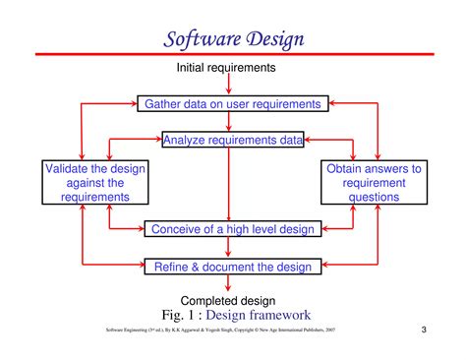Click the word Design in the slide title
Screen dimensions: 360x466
(269, 39)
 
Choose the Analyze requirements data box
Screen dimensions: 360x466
(233, 140)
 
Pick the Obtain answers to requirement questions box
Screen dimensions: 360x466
(373, 182)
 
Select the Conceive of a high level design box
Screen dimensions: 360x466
(232, 229)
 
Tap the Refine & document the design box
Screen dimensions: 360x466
(232, 266)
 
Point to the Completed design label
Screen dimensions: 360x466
(228, 300)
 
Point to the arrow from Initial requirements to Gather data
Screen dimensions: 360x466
(228, 85)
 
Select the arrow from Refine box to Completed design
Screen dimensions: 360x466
(228, 283)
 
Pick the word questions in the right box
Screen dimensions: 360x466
(373, 196)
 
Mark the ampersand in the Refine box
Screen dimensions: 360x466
(193, 266)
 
